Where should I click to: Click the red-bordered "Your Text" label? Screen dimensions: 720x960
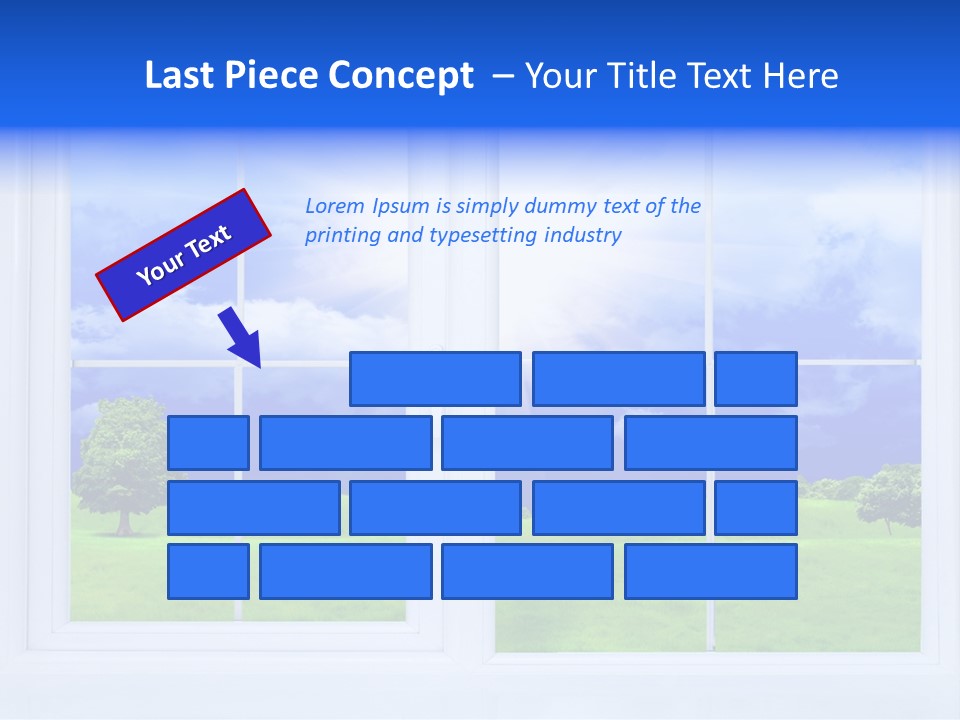[x=183, y=255]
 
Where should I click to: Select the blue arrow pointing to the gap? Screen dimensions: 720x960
[x=241, y=338]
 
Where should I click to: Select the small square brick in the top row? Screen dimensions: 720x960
[x=755, y=379]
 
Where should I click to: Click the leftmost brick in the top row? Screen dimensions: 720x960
[x=435, y=379]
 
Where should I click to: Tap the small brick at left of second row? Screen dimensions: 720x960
[x=208, y=443]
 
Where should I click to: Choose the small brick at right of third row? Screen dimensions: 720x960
[x=755, y=508]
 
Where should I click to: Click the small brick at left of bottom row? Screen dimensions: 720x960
[x=208, y=572]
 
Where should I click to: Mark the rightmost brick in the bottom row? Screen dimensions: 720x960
[x=710, y=572]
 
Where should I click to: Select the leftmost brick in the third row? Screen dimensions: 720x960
[x=253, y=508]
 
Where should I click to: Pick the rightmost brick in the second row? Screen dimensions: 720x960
[x=710, y=443]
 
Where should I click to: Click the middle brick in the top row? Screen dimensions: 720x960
[x=618, y=379]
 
